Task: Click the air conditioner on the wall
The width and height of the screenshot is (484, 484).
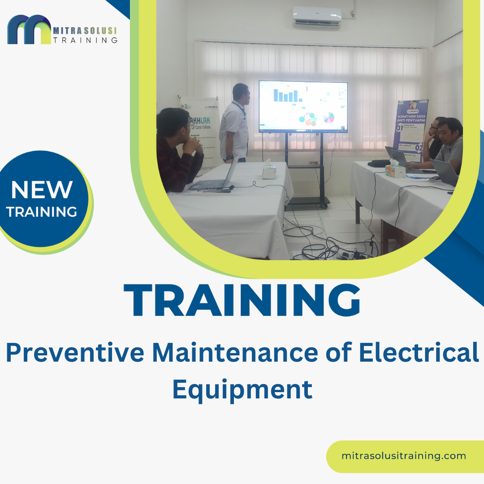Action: click(x=317, y=17)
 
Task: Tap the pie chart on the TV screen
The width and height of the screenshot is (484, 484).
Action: click(x=329, y=117)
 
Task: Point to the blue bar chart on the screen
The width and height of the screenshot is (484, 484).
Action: click(x=286, y=95)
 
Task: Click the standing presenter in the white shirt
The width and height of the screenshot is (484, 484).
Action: click(x=235, y=123)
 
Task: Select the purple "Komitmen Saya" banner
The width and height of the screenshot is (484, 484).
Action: click(x=411, y=130)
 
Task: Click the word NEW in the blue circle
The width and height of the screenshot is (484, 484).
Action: click(x=42, y=190)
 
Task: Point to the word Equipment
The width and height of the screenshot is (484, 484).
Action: click(x=242, y=389)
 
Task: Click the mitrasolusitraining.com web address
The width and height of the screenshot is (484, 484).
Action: click(x=403, y=456)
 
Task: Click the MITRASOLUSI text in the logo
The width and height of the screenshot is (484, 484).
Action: click(x=85, y=30)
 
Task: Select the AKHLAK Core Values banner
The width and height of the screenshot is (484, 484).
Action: click(x=197, y=130)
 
